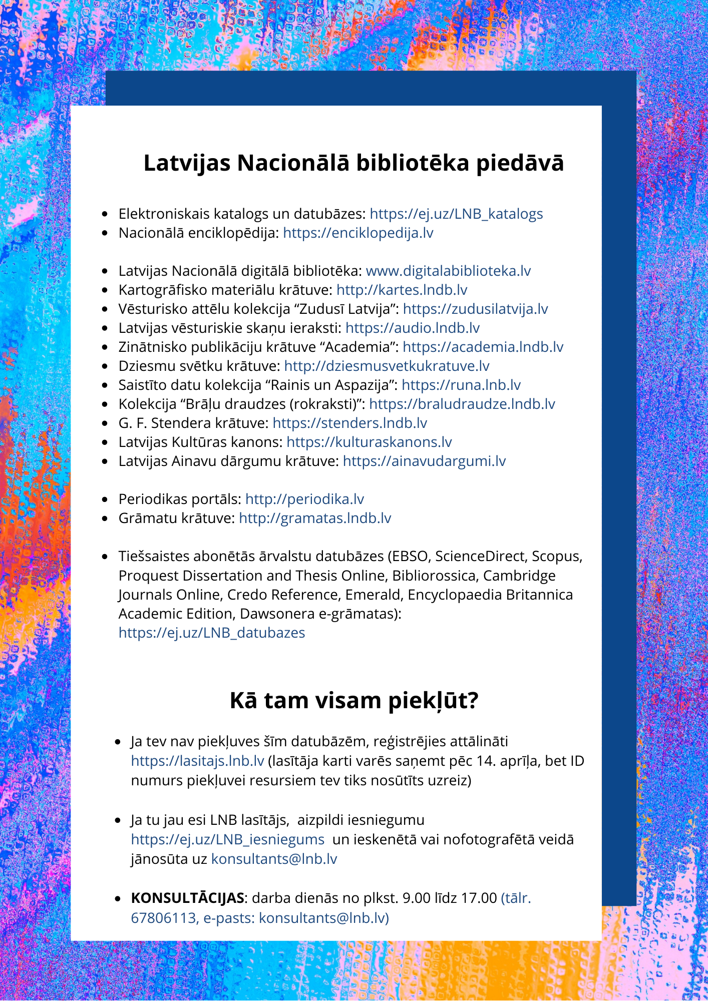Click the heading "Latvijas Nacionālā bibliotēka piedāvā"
(353, 163)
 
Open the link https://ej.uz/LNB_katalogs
(456, 214)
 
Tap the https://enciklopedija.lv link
(358, 233)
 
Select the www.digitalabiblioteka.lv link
(448, 271)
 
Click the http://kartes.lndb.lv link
(402, 290)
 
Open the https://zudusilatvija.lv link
(475, 309)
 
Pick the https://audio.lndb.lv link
(413, 328)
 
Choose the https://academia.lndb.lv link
(483, 347)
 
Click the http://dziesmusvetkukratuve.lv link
(387, 366)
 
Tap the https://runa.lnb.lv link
(461, 385)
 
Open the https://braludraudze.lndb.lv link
(462, 404)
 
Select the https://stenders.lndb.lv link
(349, 423)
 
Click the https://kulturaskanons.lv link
(369, 442)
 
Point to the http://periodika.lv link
(304, 499)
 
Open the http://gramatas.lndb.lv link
(315, 519)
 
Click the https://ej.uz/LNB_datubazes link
(212, 633)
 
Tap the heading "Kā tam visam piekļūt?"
(353, 701)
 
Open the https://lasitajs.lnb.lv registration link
(197, 761)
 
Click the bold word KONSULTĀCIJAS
(187, 898)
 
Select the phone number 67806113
(163, 918)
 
